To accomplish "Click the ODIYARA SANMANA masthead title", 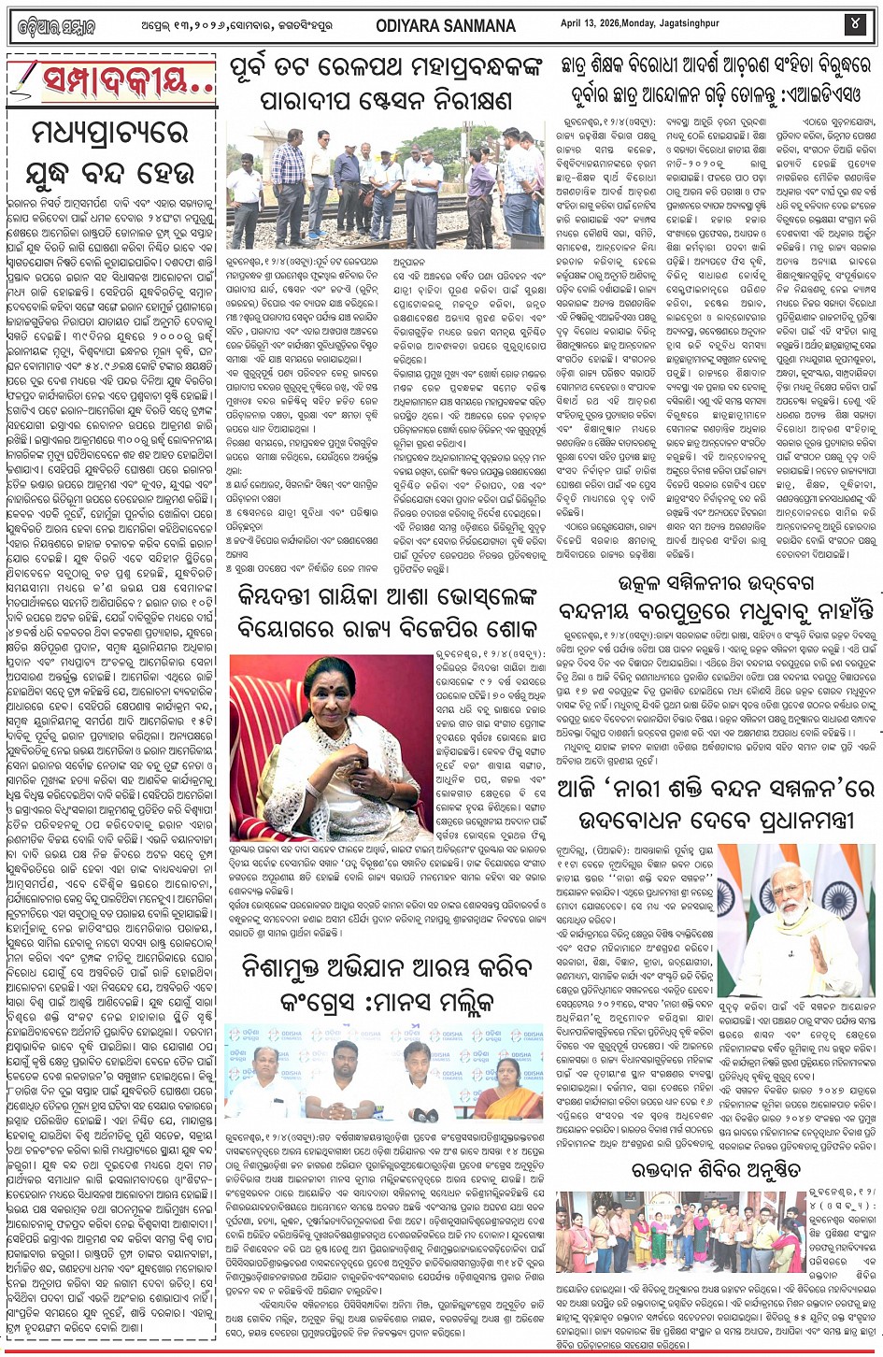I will (x=447, y=25).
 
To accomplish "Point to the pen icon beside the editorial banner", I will (x=25, y=80).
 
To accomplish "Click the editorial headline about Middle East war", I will (x=112, y=154).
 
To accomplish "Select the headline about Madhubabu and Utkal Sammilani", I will (x=715, y=598).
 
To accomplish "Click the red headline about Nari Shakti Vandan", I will (x=715, y=805).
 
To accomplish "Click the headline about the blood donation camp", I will (x=715, y=1169).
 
